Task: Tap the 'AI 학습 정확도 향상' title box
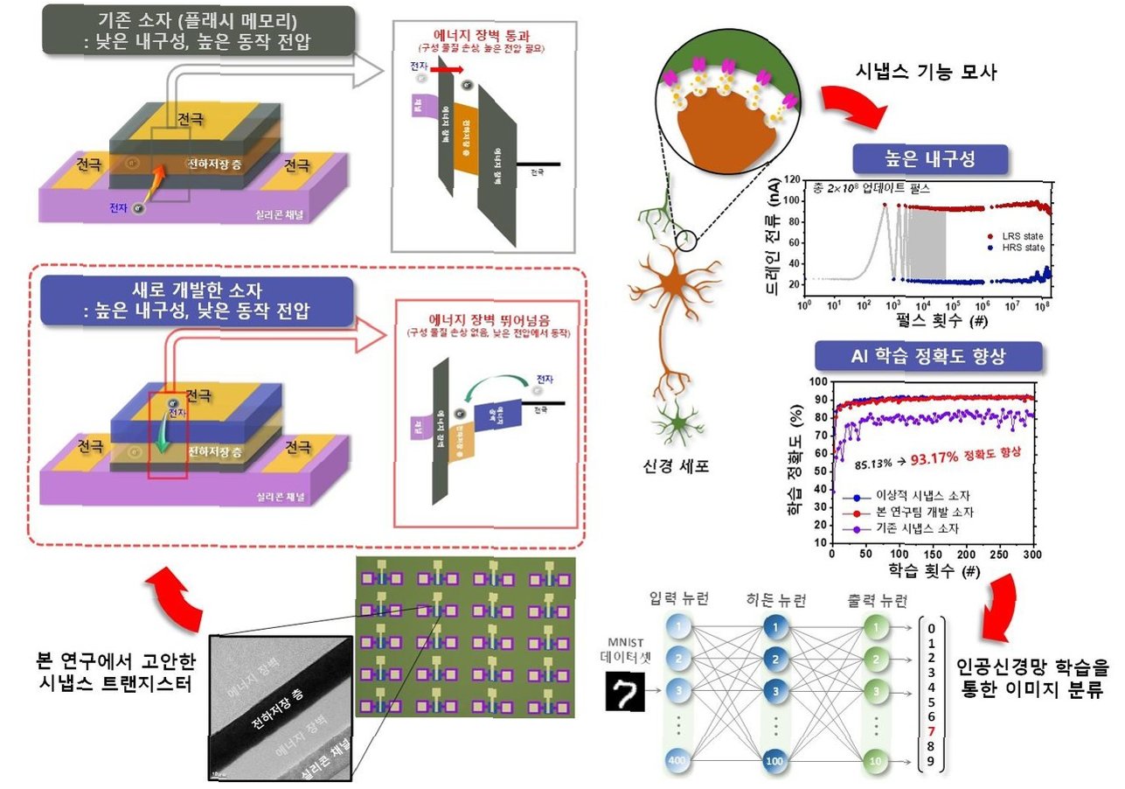[x=928, y=356]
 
